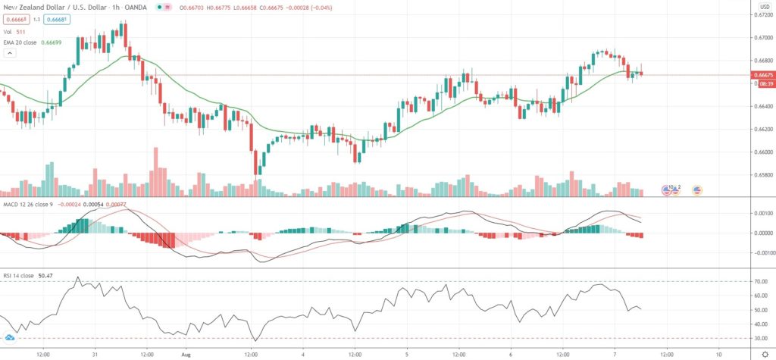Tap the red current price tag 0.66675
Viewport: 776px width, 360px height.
[x=762, y=75]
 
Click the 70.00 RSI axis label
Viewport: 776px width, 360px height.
[x=760, y=281]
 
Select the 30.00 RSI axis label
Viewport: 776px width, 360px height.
[x=760, y=338]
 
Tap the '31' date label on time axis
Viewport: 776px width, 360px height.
[x=95, y=353]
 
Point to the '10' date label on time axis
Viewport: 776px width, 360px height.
[x=717, y=353]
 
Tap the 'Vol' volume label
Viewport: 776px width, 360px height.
[x=6, y=31]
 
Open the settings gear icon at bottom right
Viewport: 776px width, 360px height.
[x=765, y=353]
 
